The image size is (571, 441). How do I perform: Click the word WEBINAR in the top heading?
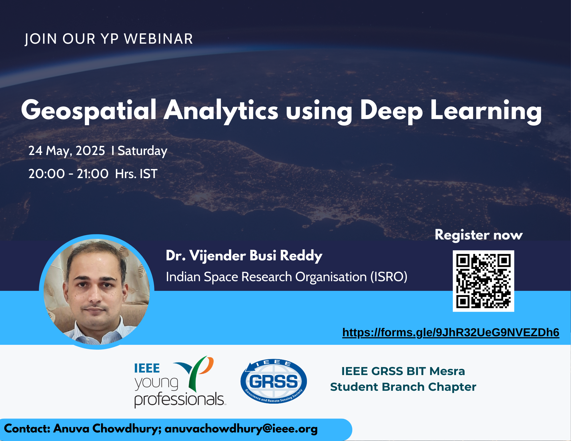point(158,39)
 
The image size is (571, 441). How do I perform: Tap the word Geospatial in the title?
point(89,111)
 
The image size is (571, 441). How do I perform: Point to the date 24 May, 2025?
point(67,151)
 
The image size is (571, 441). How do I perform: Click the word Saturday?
point(142,151)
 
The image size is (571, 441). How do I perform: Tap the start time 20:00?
point(47,174)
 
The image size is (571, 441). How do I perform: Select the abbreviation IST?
point(148,174)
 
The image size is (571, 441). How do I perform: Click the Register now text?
point(479,235)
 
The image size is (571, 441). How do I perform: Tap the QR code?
point(483,281)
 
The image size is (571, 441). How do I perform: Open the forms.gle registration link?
point(451,333)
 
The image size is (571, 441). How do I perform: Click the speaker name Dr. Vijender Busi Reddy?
point(244,256)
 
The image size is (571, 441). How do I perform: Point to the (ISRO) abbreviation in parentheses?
point(389,277)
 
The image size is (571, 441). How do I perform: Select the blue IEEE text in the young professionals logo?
point(147,368)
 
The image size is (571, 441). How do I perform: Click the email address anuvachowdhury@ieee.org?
point(241,429)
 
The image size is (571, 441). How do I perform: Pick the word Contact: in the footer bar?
point(27,428)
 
